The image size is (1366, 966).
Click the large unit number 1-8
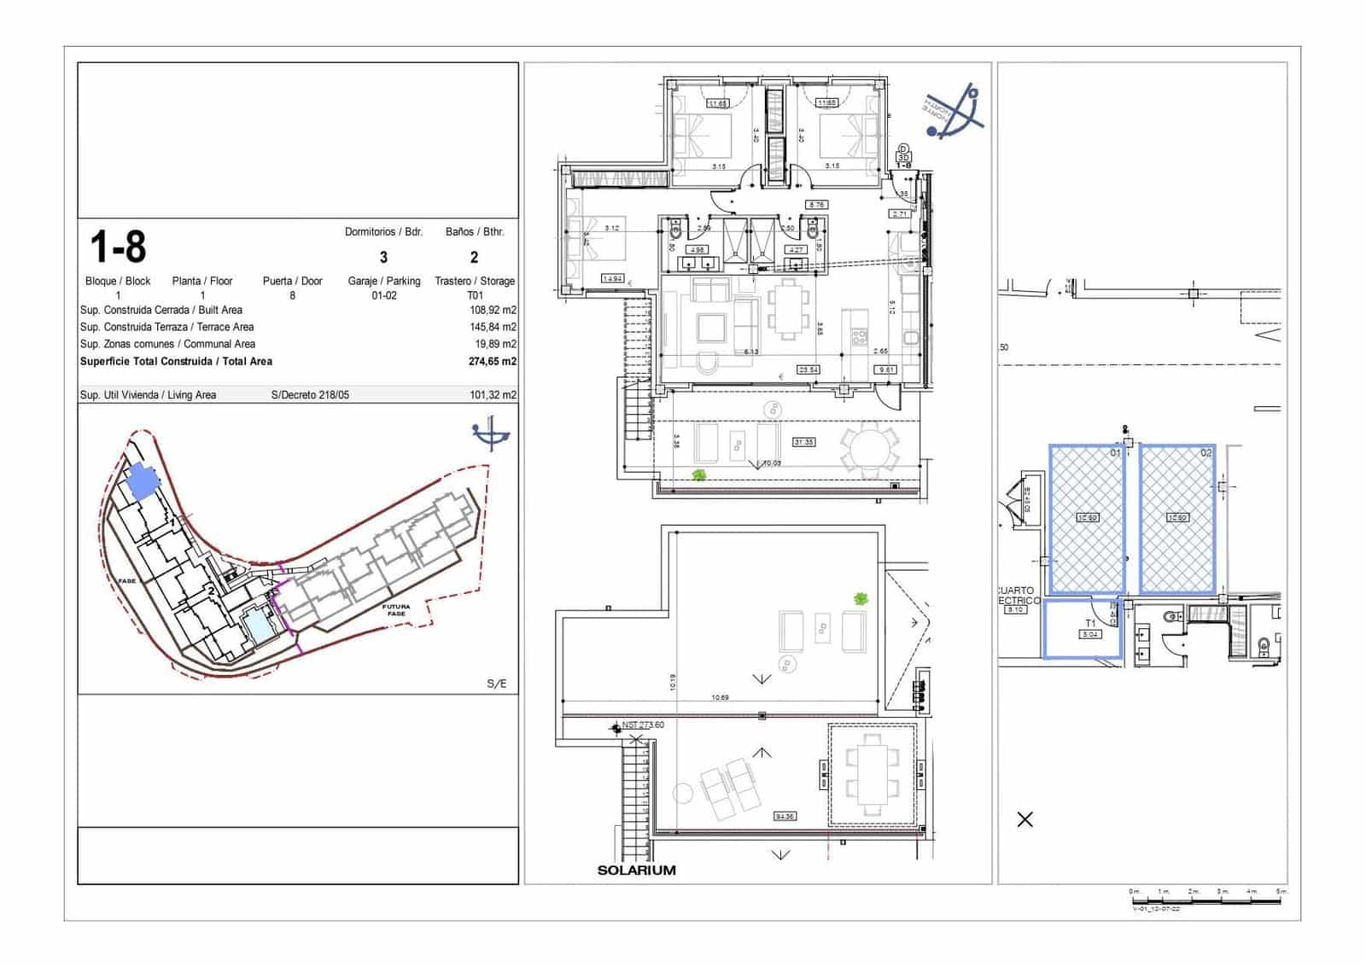coord(118,247)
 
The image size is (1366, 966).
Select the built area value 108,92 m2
coord(493,311)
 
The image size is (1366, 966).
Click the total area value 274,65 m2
coord(493,362)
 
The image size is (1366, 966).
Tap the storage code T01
coord(475,296)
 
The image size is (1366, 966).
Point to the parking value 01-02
coord(383,296)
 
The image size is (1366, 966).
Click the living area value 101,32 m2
coord(493,395)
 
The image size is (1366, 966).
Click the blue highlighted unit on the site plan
coord(140,483)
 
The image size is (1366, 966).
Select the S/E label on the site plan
coord(496,684)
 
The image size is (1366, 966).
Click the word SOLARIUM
coord(636,870)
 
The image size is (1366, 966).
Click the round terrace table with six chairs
coord(869,450)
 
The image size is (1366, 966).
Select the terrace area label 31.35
coord(803,442)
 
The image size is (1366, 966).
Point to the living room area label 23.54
coord(808,370)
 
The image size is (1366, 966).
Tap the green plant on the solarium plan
coord(860,599)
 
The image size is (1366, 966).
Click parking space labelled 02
coord(1177,518)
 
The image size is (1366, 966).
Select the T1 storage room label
coord(1089,624)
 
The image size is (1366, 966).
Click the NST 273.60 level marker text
coord(642,725)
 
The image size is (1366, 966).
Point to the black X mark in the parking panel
coord(1025,819)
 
